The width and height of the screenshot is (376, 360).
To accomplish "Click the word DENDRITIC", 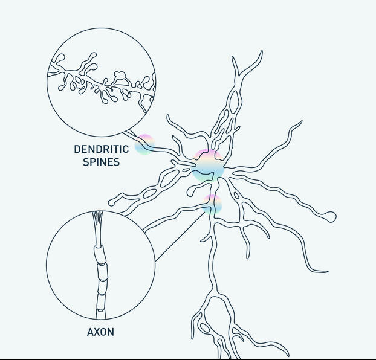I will click(x=101, y=149).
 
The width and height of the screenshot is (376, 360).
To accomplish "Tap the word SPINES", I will click(x=101, y=162).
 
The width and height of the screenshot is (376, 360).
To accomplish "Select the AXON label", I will click(x=100, y=332).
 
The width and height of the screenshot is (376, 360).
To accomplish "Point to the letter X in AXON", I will click(x=96, y=332).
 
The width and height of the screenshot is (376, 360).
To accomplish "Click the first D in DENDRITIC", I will click(x=77, y=149).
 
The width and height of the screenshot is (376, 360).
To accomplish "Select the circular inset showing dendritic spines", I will click(x=102, y=82).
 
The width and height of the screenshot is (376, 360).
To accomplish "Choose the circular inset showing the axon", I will click(x=100, y=265).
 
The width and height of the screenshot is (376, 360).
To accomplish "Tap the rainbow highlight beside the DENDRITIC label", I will click(x=144, y=145).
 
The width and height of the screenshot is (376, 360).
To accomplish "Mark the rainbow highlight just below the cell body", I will click(x=212, y=204).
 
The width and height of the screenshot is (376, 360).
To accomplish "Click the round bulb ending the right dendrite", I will click(x=330, y=216).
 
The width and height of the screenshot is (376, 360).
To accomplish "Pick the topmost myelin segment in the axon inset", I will click(x=99, y=253).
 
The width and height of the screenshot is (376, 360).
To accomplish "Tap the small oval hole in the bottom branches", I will click(x=204, y=328).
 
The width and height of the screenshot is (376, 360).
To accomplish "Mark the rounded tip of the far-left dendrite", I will click(x=112, y=201).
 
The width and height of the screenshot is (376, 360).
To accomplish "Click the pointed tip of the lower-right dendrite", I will click(x=326, y=272).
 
